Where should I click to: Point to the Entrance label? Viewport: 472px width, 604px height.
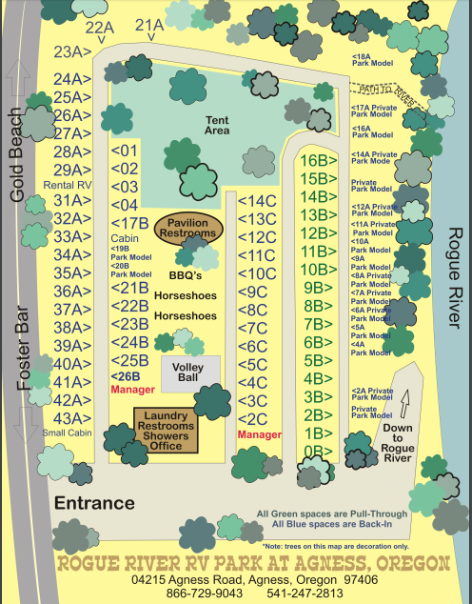click(x=94, y=502)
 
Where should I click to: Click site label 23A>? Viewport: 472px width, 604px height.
click(x=72, y=52)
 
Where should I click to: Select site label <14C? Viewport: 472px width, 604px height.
click(x=256, y=201)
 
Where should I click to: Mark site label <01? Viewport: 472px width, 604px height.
click(x=125, y=151)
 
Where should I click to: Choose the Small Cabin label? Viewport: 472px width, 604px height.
click(x=65, y=433)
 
